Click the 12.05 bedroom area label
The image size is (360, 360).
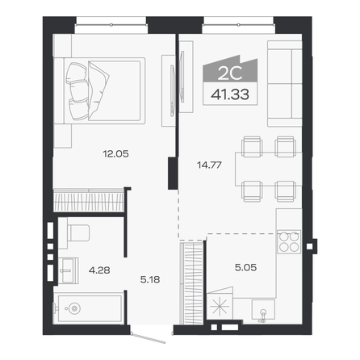point(115,154)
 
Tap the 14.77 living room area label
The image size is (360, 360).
point(209,165)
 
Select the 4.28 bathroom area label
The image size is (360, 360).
point(99,270)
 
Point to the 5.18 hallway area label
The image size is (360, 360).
point(150,280)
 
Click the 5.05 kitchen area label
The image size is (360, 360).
point(245,267)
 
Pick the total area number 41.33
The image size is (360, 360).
point(230,94)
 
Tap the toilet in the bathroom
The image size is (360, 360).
point(75,233)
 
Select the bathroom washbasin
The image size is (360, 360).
point(69,270)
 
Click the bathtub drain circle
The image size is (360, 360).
point(74,308)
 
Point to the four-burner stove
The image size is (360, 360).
point(289,241)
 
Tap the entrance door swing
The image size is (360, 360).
point(148,338)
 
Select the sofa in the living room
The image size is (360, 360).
point(285,84)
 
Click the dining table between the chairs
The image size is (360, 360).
point(269,169)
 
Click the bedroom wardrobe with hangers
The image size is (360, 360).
point(89,199)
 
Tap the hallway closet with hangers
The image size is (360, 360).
point(191,283)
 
